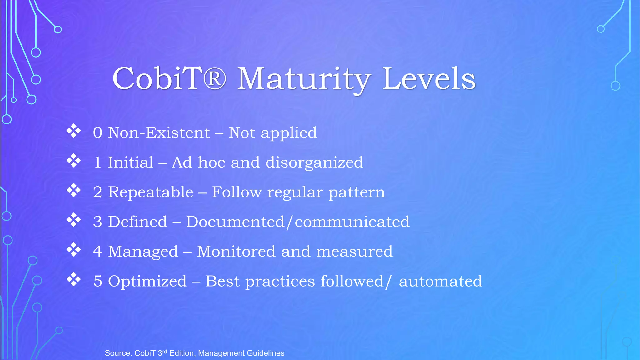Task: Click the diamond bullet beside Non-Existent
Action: point(74,131)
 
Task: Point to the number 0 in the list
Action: point(97,133)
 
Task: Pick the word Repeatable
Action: point(151,192)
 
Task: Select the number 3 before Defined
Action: point(97,222)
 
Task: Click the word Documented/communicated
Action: point(297,222)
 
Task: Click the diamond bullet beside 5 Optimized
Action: point(74,279)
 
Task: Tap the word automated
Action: point(440,281)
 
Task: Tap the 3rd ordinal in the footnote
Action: point(162,353)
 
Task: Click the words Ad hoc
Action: point(198,162)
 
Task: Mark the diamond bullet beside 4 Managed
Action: point(74,250)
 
